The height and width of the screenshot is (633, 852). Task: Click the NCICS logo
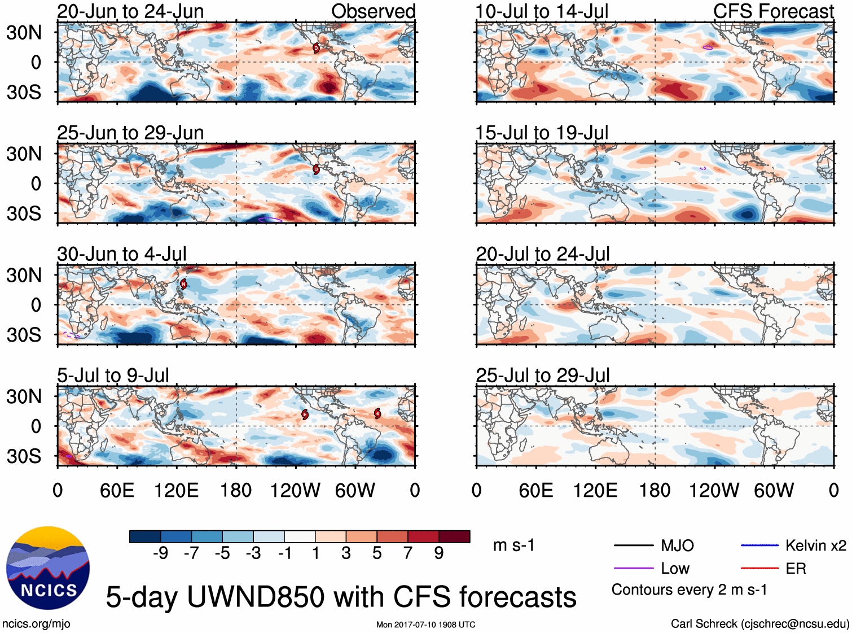(x=47, y=568)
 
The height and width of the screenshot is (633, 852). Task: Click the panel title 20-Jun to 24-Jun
(x=130, y=11)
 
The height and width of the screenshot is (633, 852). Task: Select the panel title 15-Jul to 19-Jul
(x=542, y=133)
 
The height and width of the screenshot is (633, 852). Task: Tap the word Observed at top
(x=373, y=11)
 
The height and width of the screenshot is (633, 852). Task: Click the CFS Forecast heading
(x=773, y=11)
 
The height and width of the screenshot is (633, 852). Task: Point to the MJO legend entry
(x=677, y=545)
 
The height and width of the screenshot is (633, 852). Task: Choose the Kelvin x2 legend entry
(x=815, y=545)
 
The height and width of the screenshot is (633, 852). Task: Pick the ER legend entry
(x=796, y=569)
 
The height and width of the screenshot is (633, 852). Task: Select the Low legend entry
(x=675, y=569)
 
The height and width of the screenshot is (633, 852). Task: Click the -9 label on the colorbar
(x=160, y=553)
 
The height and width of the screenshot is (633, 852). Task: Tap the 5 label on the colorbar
(x=377, y=553)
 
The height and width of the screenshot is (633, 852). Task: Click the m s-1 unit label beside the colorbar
(x=513, y=545)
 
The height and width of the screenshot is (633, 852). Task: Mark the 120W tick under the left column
(x=295, y=490)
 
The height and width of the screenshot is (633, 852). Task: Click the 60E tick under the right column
(x=535, y=490)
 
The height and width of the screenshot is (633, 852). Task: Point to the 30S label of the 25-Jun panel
(x=24, y=213)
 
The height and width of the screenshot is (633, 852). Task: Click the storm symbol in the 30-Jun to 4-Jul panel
(x=183, y=284)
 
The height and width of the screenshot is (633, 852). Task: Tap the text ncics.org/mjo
(x=36, y=624)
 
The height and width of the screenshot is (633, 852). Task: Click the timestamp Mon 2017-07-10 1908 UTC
(x=425, y=625)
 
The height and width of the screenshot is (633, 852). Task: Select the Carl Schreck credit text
(x=759, y=624)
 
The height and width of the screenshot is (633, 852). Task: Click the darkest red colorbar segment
(x=454, y=536)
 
